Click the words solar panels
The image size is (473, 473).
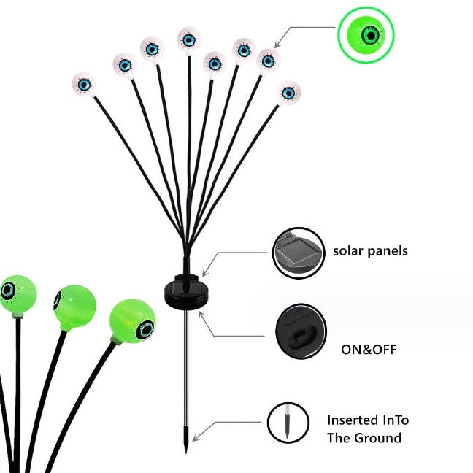(x=370, y=251)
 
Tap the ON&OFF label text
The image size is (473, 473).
(x=369, y=350)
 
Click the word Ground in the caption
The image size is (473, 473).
(x=378, y=438)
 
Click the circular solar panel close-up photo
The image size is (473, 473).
(x=299, y=253)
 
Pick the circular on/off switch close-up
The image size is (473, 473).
(x=301, y=331)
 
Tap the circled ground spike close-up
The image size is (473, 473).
(x=288, y=423)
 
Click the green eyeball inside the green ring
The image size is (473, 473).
(x=366, y=35)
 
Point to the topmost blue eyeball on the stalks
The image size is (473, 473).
(x=189, y=39)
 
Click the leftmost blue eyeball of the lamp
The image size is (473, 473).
(x=84, y=85)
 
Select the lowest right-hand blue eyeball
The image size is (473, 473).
(x=288, y=93)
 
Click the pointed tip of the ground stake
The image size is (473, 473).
(x=186, y=453)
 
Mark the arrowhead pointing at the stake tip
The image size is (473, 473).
(x=195, y=438)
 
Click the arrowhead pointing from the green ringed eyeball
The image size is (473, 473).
(x=277, y=45)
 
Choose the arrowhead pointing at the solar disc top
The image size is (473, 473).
(x=205, y=273)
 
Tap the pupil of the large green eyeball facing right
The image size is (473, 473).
(x=146, y=330)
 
